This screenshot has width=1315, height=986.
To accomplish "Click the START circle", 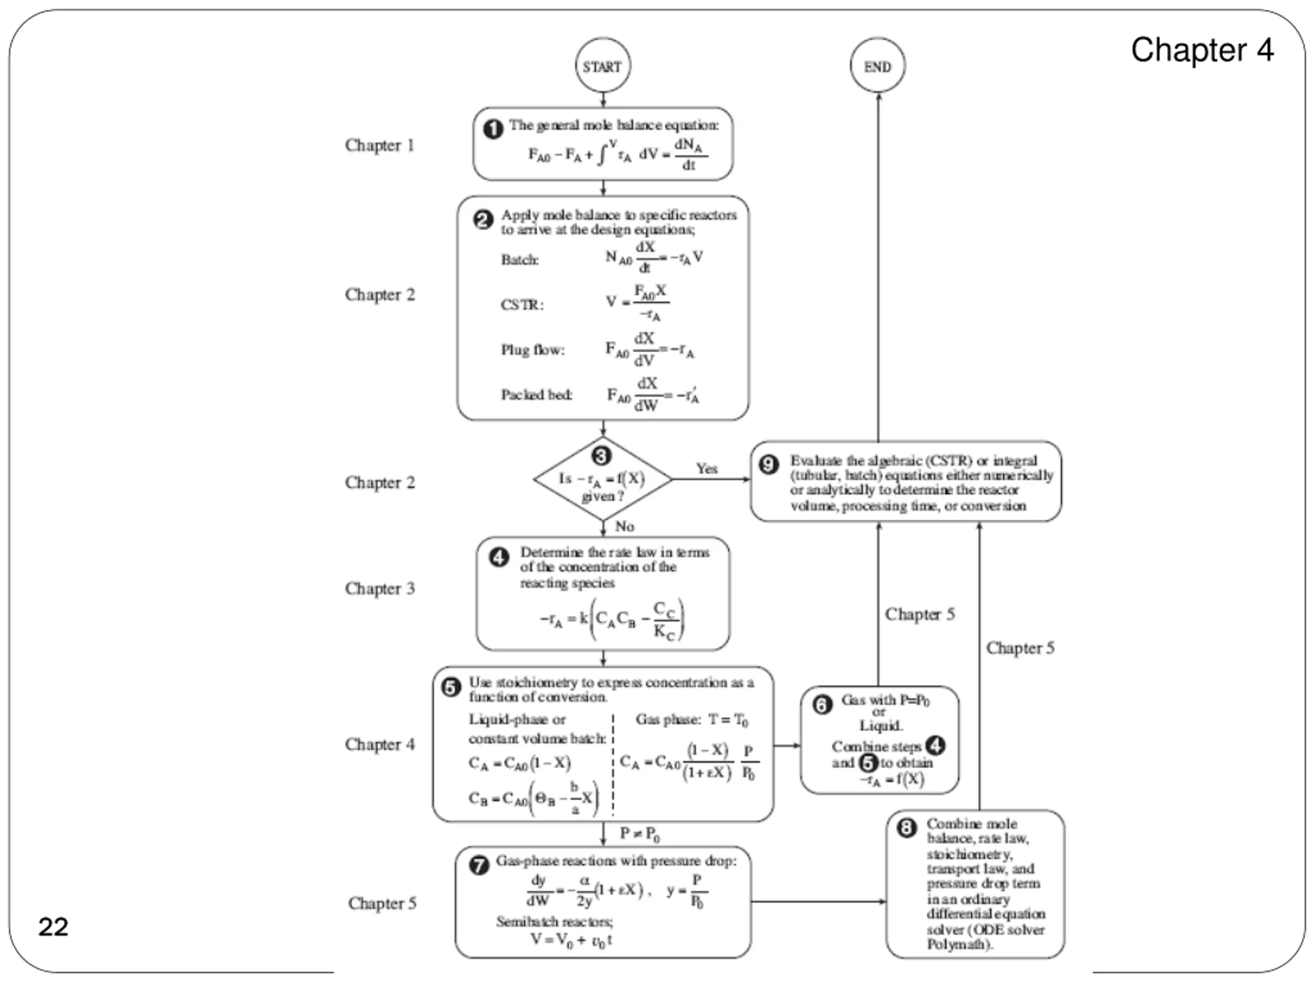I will coord(603,65).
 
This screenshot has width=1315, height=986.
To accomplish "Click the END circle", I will coord(877,65).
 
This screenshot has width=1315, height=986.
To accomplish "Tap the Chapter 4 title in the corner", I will coord(1201,50).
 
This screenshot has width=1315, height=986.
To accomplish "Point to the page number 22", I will coord(53,926).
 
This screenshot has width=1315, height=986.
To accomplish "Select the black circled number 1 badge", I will coord(493,129).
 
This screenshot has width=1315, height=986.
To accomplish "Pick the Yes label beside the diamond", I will coord(706,468).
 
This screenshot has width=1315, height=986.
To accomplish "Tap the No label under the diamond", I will coord(624,526).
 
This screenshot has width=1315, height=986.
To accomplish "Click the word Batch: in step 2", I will coord(520,260).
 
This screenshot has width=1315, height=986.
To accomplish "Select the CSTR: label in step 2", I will coord(521,305).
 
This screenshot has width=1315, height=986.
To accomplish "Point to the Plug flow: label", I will coord(532,350).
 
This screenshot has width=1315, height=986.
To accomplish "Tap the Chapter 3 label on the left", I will coord(379,589).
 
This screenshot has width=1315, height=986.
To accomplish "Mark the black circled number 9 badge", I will coord(768,464).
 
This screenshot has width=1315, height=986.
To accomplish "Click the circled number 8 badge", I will coord(906,828).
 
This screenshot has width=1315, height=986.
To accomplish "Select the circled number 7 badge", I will coord(479,865).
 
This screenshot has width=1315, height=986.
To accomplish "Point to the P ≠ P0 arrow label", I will coord(639,834).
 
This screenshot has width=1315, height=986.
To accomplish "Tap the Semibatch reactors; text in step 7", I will coord(554,922).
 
